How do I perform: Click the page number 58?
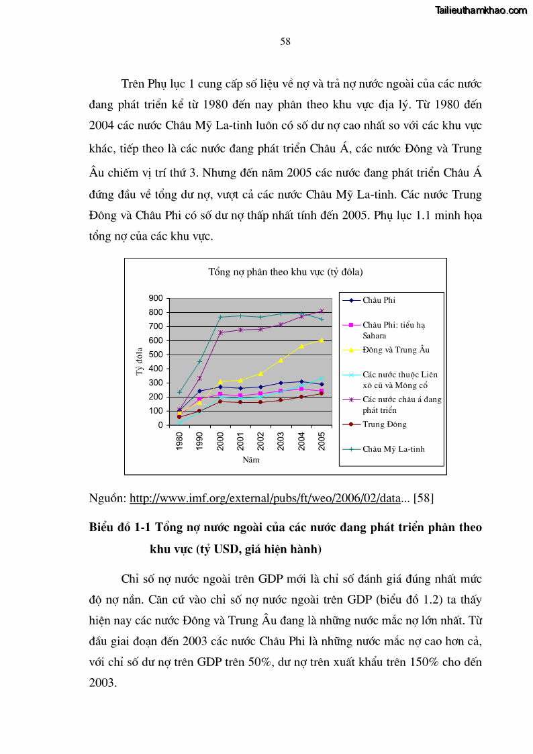(285, 42)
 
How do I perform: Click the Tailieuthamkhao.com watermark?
(481, 10)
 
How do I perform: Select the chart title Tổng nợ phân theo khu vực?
(285, 272)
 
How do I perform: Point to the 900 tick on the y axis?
(156, 298)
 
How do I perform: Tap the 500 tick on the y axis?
(156, 355)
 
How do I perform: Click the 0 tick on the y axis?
(160, 425)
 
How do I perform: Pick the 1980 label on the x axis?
(180, 441)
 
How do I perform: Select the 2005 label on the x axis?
(322, 441)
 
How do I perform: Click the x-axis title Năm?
(251, 460)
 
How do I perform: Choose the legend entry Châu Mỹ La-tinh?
(393, 449)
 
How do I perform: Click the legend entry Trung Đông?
(385, 424)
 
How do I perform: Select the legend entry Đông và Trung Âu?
(396, 350)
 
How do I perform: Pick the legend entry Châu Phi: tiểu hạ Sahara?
(394, 330)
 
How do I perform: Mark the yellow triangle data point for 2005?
(322, 340)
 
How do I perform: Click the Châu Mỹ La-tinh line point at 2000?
(220, 317)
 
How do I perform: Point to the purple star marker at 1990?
(199, 378)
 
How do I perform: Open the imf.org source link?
(264, 498)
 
